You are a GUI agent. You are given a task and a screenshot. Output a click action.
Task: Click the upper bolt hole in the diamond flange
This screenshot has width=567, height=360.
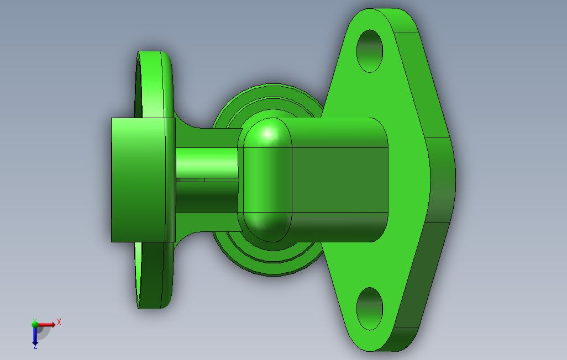(370, 51)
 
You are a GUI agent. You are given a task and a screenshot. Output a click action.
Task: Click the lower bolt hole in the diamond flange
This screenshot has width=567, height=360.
(369, 308)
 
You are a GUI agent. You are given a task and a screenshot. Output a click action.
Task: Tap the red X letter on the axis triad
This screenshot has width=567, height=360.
(59, 322)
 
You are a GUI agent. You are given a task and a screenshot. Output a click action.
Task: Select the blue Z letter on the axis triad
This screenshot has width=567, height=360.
(35, 346)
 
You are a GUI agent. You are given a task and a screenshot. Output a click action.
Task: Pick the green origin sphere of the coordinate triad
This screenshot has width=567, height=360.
(35, 324)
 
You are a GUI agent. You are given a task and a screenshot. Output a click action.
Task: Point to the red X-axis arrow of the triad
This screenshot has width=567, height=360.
(48, 325)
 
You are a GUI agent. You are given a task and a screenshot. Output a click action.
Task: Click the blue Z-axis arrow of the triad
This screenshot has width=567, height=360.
(35, 336)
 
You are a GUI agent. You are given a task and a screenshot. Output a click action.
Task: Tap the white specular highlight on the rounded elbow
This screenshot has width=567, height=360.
(269, 133)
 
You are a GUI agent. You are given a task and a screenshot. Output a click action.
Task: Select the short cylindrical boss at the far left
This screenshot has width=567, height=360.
(138, 179)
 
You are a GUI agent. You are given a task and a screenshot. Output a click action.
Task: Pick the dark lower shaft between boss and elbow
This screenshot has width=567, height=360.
(207, 197)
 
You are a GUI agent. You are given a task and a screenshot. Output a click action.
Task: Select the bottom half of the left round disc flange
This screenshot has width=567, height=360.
(152, 276)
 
